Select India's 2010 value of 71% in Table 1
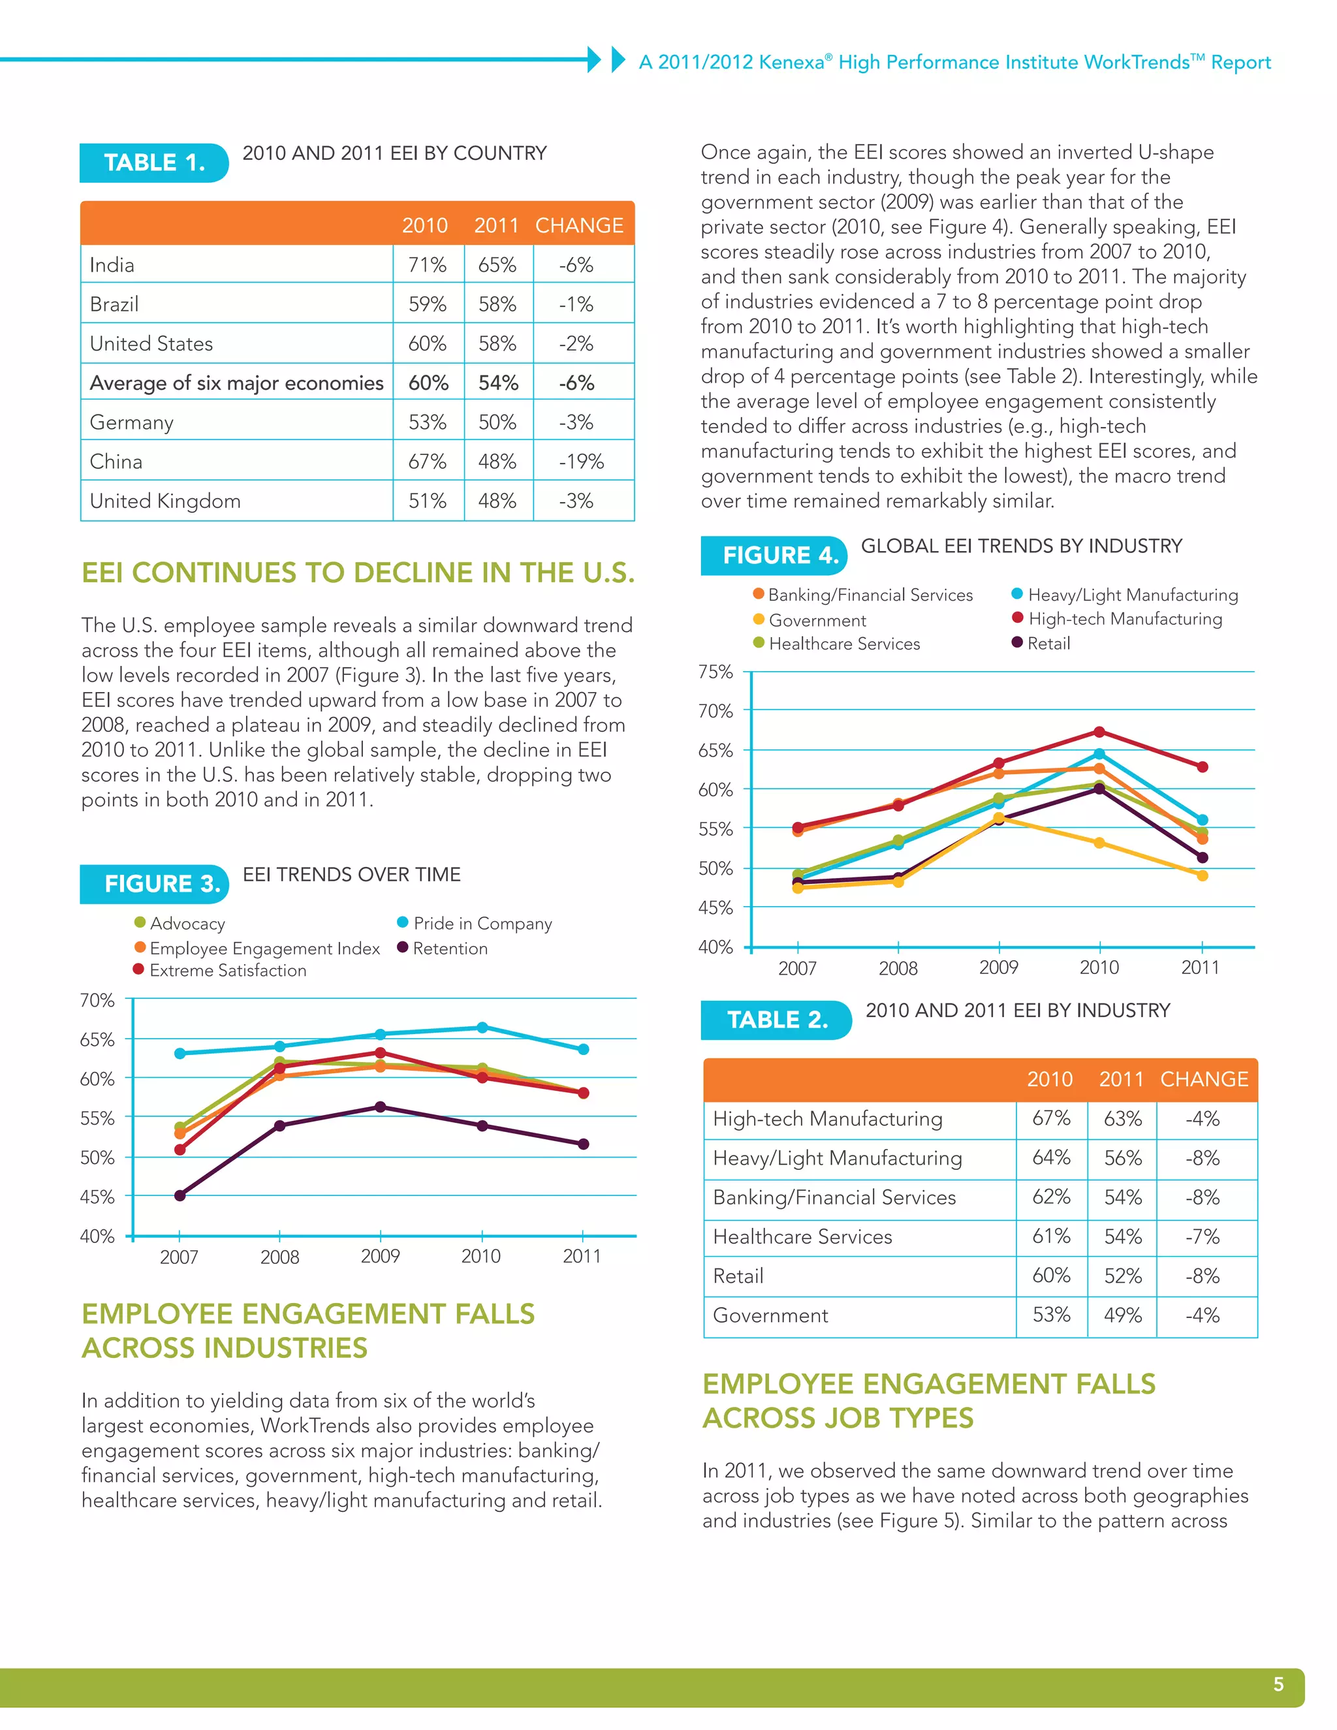427,264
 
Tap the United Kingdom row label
165,501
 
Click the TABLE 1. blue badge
155,163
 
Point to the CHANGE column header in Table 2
1204,1079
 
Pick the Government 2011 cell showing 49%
1122,1315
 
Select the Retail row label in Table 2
738,1276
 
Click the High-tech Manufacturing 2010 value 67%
1051,1118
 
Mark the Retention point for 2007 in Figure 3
180,1195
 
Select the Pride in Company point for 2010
482,1028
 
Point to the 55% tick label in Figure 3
97,1118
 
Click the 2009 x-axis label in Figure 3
380,1256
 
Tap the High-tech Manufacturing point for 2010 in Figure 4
1099,732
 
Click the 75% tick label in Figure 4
716,672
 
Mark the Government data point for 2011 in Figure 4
1203,875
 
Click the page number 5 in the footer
1278,1684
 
